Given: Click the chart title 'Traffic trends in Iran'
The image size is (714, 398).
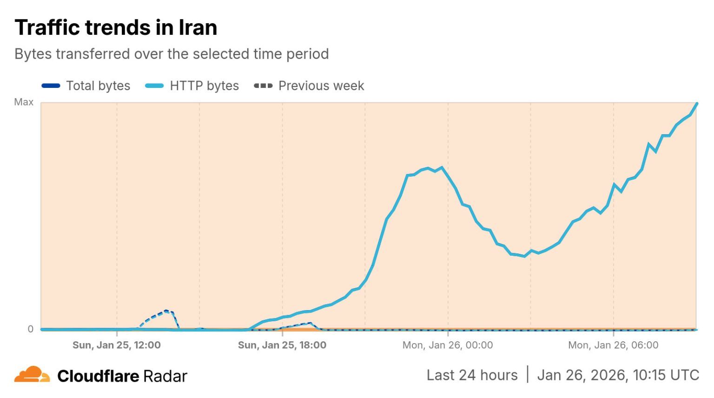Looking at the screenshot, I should pos(116,27).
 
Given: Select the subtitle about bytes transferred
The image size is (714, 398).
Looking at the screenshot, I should pos(172,54).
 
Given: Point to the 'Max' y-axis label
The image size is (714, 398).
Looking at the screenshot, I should pos(24,102).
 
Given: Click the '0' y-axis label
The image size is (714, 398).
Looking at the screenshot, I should pos(30,329).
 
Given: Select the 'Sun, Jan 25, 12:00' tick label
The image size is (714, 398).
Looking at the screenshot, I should pos(117,345).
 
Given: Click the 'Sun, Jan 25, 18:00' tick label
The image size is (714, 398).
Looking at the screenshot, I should pos(282,345).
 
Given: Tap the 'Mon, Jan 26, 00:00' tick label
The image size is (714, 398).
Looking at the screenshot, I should pos(448,345).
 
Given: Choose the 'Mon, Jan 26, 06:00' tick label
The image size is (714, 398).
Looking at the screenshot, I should pos(613,345).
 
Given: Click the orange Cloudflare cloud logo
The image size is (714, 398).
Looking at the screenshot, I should pos(32,374).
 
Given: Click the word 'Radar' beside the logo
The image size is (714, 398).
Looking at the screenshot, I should pos(165,376).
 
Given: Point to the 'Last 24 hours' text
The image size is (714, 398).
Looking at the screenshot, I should pos(472,375).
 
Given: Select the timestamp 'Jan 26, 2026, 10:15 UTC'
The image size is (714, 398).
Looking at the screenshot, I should pos(618,375).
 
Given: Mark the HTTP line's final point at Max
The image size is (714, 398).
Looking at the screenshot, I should pos(697,103).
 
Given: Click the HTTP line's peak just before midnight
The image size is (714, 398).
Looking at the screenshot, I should pos(442,167).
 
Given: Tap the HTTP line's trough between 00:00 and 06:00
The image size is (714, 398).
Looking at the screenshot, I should pos(524,256).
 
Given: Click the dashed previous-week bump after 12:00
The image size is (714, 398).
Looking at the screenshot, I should pos(166,311).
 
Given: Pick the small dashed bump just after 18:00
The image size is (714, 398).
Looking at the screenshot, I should pos(310,323).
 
